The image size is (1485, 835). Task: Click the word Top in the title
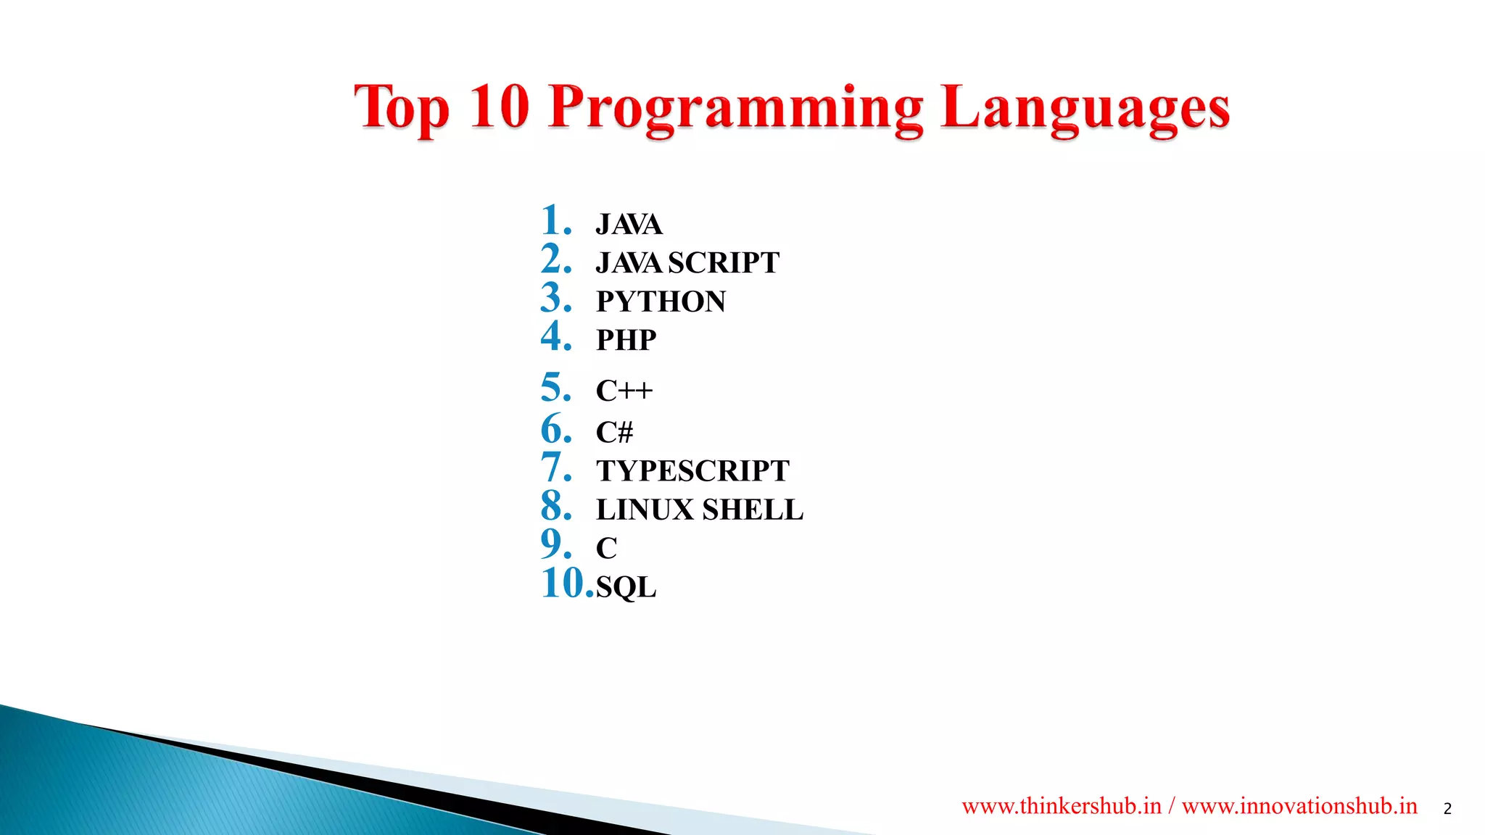point(401,107)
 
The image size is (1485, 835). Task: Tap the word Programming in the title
point(735,109)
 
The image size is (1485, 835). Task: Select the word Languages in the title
point(1085,109)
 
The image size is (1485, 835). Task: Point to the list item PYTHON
point(661,302)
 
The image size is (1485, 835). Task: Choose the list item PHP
point(626,340)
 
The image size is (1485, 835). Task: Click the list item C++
point(624,391)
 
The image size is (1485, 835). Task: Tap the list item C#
point(614,433)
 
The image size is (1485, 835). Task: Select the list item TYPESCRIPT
point(692,471)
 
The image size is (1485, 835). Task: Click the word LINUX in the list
point(645,510)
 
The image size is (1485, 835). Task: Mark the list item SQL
point(626,586)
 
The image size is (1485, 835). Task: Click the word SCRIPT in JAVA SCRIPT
point(723,262)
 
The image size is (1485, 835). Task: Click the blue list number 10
point(566,583)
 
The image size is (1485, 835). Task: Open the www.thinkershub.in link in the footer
point(1062,806)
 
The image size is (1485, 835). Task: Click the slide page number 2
point(1447,809)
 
